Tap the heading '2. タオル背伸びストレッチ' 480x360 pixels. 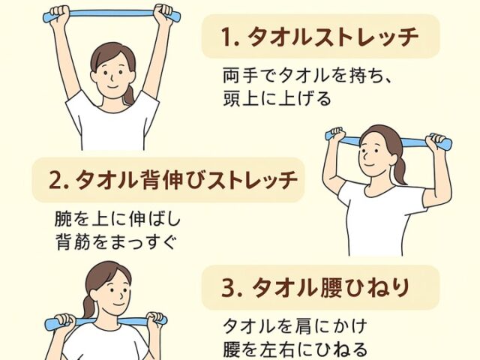click(168, 180)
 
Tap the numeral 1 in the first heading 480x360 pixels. click(224, 35)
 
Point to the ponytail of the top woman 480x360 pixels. click(130, 94)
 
